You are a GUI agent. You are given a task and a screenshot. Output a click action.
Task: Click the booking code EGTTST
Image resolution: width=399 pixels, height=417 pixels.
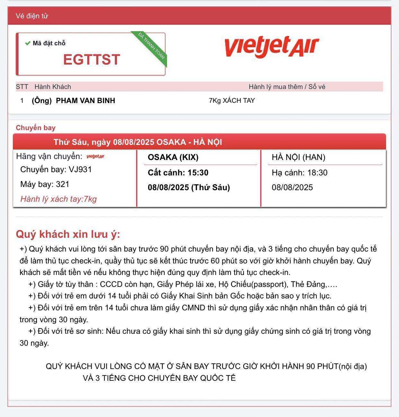pos(92,59)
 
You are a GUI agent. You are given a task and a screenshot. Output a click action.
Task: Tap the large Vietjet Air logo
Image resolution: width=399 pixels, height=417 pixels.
pos(271,47)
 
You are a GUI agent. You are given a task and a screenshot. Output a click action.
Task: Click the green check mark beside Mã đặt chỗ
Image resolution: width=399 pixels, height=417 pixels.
pos(28,43)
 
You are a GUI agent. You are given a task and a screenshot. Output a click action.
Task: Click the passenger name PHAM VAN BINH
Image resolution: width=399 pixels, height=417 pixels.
pos(85,101)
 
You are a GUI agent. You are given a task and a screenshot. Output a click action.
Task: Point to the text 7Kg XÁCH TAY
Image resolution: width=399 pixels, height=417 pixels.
pos(232,101)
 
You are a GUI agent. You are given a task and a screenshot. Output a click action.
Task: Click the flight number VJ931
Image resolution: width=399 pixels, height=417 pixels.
pos(80,169)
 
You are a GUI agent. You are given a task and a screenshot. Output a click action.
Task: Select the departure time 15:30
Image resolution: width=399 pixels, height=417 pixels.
pos(198,173)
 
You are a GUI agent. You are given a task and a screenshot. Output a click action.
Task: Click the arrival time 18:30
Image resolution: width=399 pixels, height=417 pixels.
pos(317,173)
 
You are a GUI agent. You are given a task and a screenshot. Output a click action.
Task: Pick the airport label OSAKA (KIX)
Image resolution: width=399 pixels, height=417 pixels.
pos(173,157)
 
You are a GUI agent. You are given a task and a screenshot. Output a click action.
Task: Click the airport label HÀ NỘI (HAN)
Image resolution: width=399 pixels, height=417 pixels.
pos(298,157)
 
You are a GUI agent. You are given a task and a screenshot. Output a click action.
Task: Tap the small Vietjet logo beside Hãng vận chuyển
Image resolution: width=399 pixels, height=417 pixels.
pos(95,156)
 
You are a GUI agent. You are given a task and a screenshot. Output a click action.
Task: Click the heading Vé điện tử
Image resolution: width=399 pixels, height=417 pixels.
pos(32,16)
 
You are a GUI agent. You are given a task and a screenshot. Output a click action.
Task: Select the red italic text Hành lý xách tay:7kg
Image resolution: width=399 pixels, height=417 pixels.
pos(58,199)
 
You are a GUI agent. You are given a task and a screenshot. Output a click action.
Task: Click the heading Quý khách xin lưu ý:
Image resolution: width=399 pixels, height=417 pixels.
pos(68,234)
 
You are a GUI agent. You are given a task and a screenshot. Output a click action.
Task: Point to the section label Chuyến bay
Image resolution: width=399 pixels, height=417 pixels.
pos(36,128)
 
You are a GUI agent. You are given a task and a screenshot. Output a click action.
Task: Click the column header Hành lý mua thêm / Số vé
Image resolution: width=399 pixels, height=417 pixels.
pos(287,87)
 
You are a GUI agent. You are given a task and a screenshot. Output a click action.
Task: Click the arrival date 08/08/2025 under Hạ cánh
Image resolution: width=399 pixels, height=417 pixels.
pos(292,187)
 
